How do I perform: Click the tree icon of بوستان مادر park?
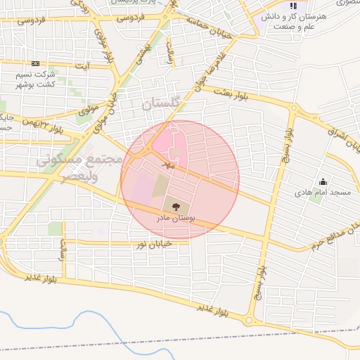click(x=175, y=206)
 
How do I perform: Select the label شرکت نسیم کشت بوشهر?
click(x=41, y=79)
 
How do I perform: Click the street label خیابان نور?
click(x=153, y=245)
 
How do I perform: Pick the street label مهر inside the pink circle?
click(x=167, y=165)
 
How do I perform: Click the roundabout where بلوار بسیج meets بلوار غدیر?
click(x=248, y=321)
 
